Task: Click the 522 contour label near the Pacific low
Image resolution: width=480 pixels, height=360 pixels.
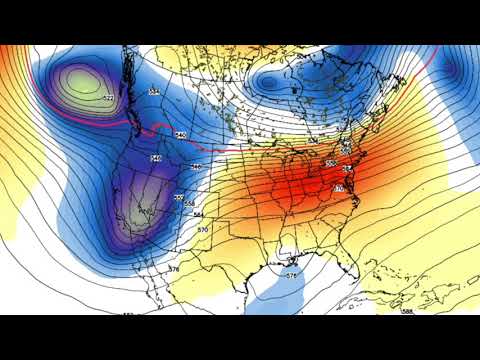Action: pos(107,100)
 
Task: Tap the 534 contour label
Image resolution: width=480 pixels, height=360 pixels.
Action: pos(154,92)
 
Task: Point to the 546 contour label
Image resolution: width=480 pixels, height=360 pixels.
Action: pos(156,158)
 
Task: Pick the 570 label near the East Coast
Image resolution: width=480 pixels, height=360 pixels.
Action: pos(339,188)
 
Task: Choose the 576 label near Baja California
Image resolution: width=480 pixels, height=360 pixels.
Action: pos(174,269)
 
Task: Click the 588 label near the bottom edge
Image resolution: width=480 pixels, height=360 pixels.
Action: pos(407,311)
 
